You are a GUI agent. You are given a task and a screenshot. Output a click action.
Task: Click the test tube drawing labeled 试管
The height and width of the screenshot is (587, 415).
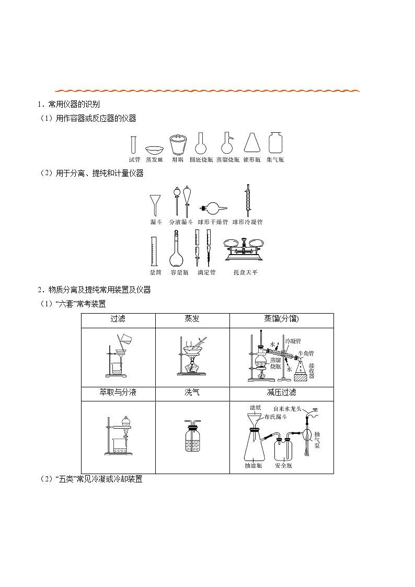click(134, 145)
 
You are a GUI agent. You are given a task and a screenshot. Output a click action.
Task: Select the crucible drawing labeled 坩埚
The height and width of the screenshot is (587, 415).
click(177, 145)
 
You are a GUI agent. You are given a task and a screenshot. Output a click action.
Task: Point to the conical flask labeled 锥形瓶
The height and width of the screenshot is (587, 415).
click(252, 144)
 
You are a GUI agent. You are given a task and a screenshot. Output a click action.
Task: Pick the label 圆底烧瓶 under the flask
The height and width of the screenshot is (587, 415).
click(201, 160)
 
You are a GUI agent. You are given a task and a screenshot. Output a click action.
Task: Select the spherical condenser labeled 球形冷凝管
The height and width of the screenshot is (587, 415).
click(247, 200)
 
